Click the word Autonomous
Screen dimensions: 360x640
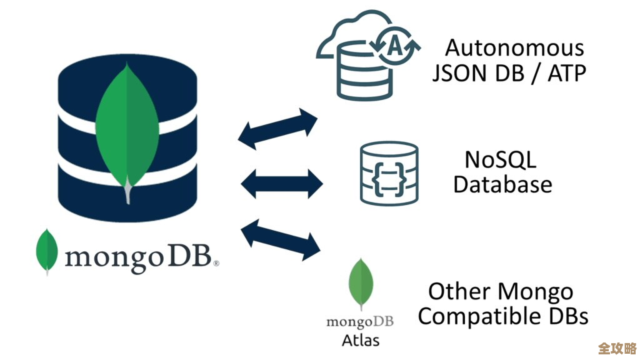[514, 49]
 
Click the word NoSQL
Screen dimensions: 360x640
[500, 159]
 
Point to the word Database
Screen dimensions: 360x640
[502, 184]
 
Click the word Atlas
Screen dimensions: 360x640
[361, 341]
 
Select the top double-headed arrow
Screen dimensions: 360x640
[278, 128]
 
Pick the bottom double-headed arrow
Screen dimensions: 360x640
[280, 237]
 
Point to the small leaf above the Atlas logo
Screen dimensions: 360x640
[361, 284]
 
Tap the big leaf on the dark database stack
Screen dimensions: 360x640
[127, 128]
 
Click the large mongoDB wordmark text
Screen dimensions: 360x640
[141, 256]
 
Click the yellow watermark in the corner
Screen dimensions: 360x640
[617, 347]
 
